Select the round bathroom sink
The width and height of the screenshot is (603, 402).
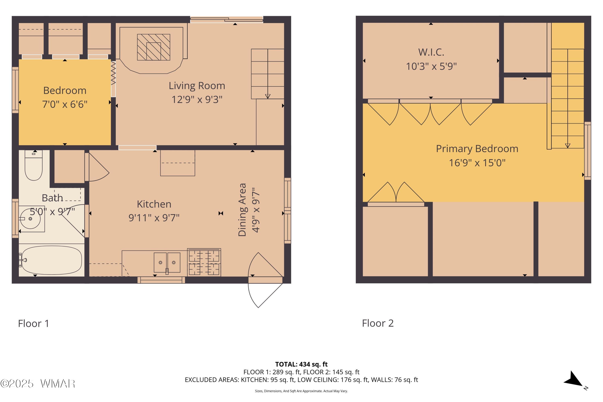[x=31, y=219]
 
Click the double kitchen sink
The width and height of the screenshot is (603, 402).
[x=167, y=263]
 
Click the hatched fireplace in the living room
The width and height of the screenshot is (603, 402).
[x=154, y=47]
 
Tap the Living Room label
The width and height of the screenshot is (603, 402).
[x=197, y=86]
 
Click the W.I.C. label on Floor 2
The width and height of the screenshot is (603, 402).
[x=431, y=52]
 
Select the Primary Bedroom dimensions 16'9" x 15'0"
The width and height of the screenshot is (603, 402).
[x=477, y=163]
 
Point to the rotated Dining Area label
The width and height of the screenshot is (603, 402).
[x=242, y=210]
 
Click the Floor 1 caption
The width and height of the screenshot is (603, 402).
[x=34, y=324]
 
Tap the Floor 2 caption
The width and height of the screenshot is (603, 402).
[x=378, y=323]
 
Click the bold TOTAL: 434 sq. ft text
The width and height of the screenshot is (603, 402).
[x=301, y=364]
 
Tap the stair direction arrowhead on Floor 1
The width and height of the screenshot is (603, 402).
[x=268, y=96]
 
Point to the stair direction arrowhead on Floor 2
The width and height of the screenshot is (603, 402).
[x=568, y=146]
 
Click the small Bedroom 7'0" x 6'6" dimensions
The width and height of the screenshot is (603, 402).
[x=65, y=104]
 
